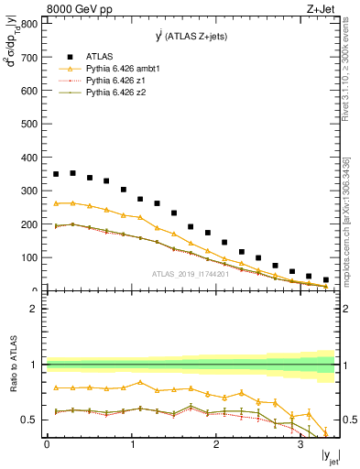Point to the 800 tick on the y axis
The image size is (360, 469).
(x=32, y=25)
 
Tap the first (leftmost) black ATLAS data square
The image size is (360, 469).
(x=56, y=174)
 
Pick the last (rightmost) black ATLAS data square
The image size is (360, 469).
(x=326, y=280)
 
